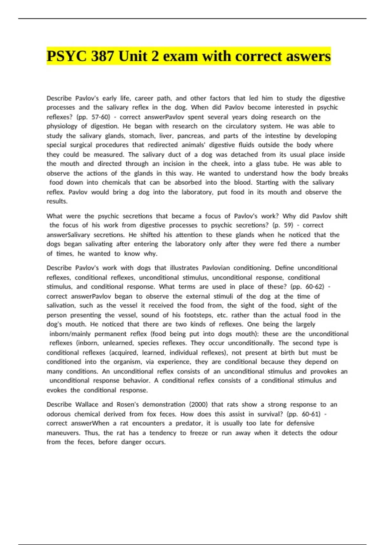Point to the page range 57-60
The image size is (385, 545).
[100, 117]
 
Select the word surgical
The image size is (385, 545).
[81, 145]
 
